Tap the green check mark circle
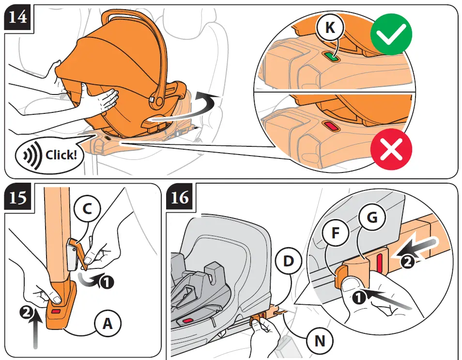(391, 34)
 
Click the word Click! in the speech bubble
(61, 155)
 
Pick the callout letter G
(371, 219)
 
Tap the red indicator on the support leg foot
(56, 311)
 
